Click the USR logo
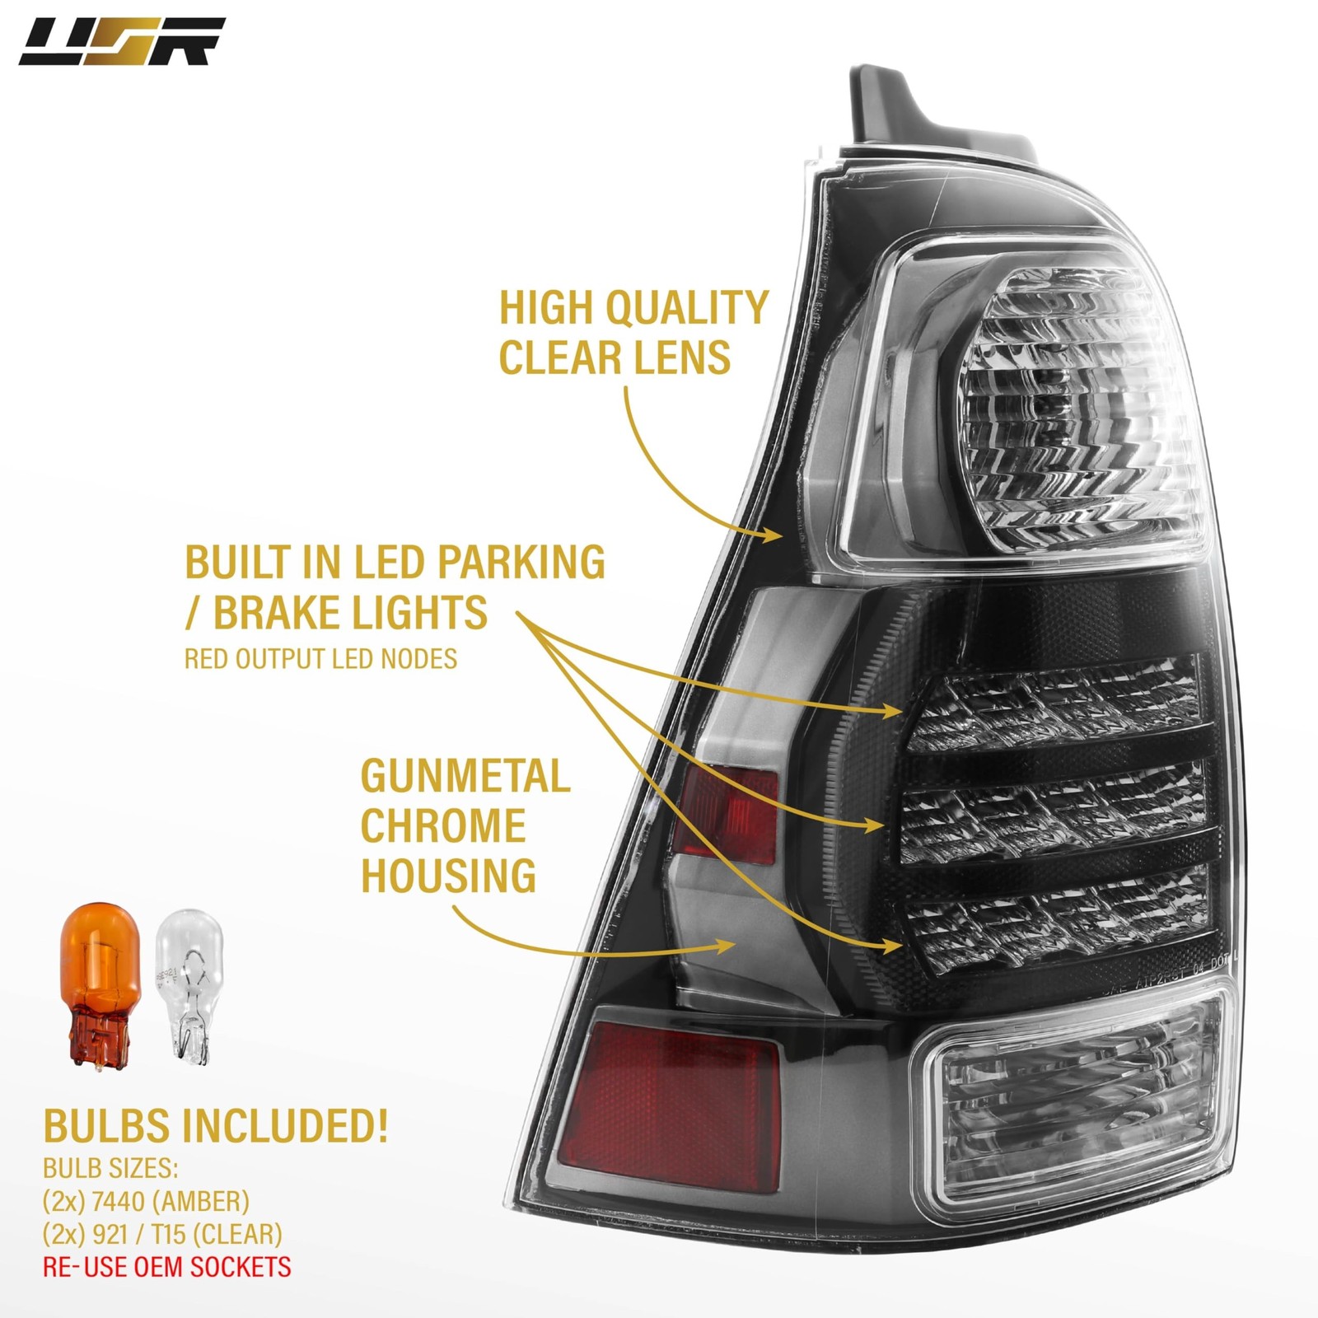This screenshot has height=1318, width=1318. [x=121, y=41]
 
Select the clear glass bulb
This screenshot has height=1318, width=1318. [x=189, y=987]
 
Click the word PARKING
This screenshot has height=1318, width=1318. [x=521, y=563]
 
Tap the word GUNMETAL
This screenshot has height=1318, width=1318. [x=465, y=776]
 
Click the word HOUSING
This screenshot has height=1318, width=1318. [x=448, y=875]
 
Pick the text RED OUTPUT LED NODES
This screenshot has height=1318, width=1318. [x=320, y=659]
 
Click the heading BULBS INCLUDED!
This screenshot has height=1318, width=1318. [x=215, y=1126]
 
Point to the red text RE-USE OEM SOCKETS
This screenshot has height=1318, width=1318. [x=167, y=1266]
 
